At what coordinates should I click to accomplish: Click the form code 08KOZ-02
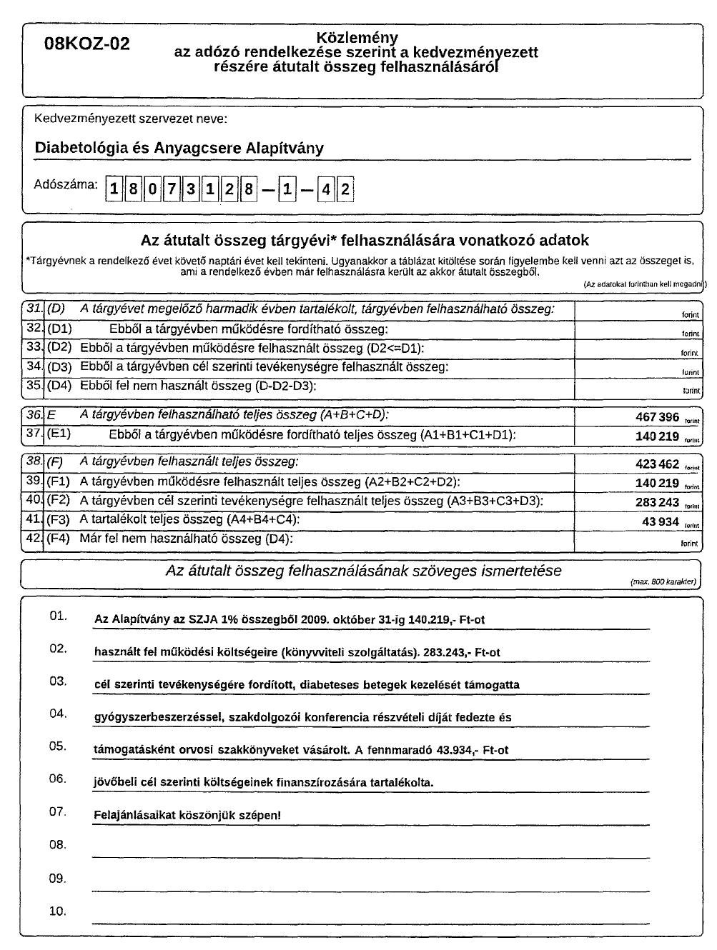[x=87, y=44]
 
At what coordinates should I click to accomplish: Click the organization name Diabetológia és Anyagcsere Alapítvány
[x=179, y=149]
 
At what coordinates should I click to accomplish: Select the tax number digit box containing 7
[x=171, y=190]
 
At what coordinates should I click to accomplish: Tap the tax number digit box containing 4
[x=326, y=190]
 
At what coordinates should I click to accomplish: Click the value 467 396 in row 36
[x=657, y=417]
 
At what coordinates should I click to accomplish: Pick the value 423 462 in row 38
[x=657, y=464]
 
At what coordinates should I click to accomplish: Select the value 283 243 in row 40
[x=657, y=503]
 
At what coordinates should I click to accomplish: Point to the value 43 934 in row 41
[x=661, y=522]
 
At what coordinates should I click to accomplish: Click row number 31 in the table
[x=34, y=309]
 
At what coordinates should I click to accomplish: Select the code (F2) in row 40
[x=59, y=501]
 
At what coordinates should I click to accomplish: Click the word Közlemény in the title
[x=357, y=38]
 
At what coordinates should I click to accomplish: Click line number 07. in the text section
[x=58, y=812]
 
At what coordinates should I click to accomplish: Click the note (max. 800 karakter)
[x=663, y=582]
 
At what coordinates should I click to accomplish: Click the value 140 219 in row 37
[x=657, y=436]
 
